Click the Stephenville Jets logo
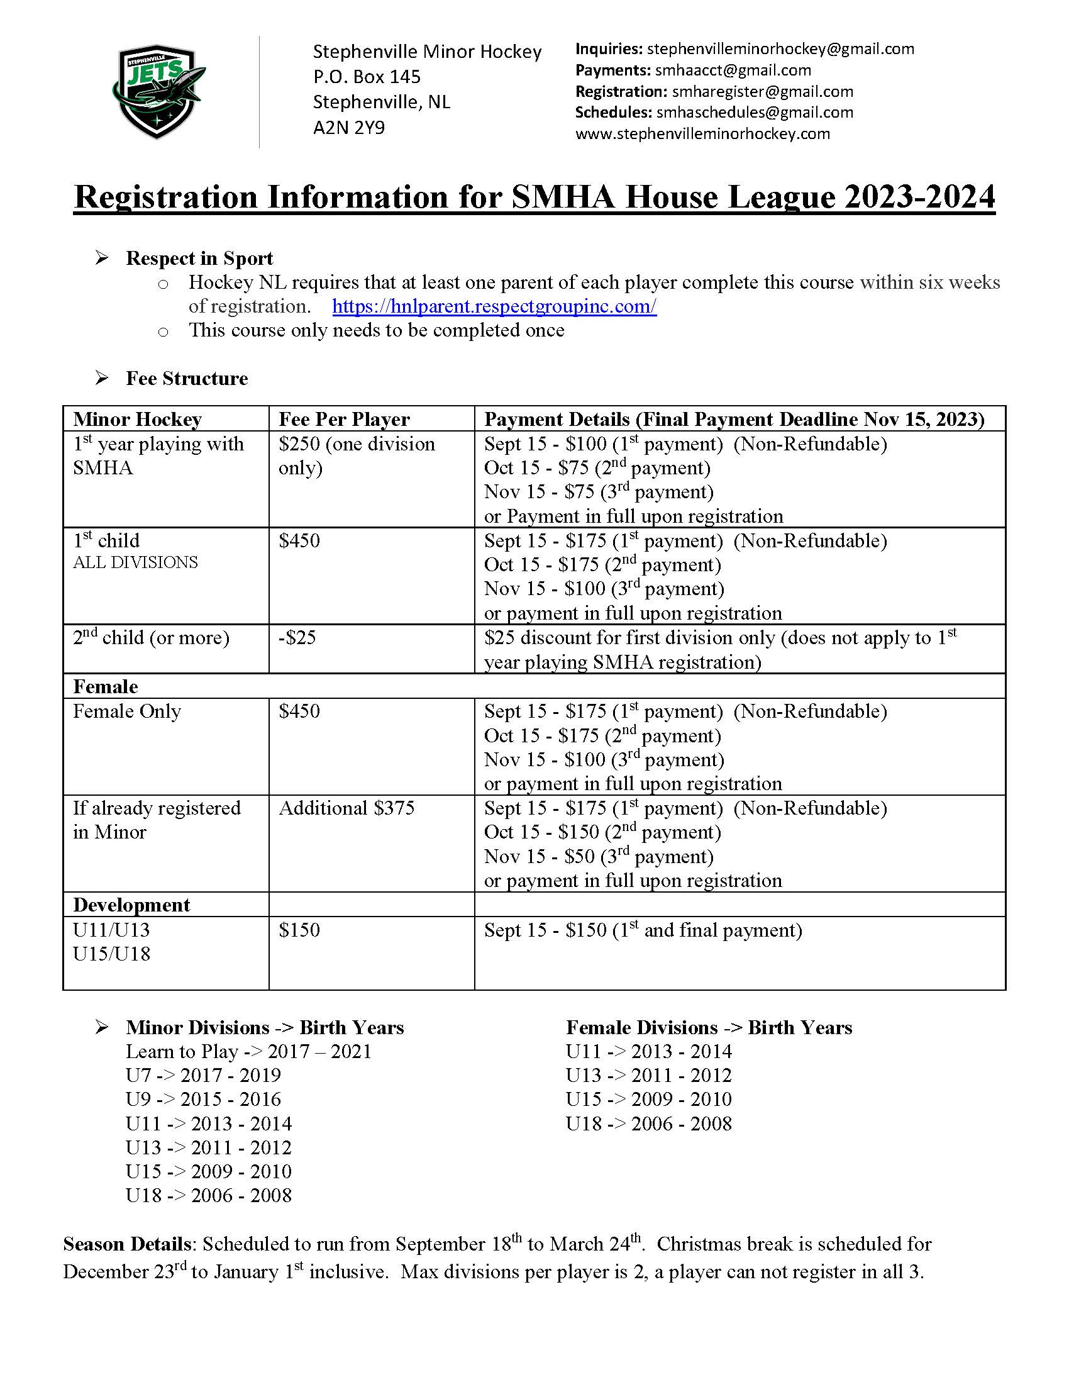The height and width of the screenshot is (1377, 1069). (158, 91)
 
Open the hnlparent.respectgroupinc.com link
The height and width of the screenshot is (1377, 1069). (494, 306)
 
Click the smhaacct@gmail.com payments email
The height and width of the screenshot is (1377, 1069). (733, 70)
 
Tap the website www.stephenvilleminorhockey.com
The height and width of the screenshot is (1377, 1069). (702, 133)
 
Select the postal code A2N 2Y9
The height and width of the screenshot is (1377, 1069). (348, 128)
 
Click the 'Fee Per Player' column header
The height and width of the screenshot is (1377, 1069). (344, 420)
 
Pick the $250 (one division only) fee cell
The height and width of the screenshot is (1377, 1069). (357, 455)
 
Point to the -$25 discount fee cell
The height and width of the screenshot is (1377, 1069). (297, 637)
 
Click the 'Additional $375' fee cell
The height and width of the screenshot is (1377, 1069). (346, 808)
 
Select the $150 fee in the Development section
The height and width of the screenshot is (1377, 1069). (299, 930)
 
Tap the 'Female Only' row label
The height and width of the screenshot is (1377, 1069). (126, 711)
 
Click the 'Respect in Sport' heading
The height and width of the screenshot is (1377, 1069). (199, 259)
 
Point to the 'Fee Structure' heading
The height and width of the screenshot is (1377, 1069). (187, 378)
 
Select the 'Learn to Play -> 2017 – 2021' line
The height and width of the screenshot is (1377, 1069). (248, 1051)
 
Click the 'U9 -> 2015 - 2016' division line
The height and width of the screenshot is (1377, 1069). (203, 1099)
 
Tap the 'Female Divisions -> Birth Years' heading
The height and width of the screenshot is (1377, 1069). (709, 1027)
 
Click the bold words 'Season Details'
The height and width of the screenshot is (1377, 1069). (126, 1244)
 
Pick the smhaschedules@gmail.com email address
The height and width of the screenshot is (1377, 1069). (755, 112)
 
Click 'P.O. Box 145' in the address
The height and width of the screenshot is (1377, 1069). (367, 77)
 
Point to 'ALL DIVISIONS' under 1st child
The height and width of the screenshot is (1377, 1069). (136, 562)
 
